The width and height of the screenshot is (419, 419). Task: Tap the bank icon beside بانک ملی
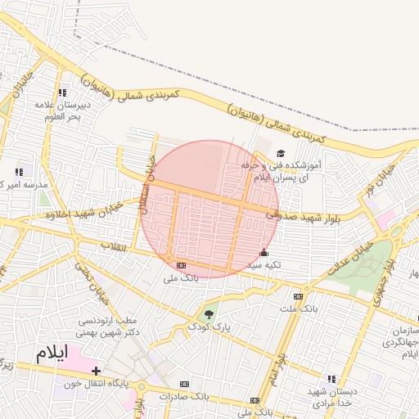181,265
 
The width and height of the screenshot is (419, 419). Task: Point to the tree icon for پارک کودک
209,313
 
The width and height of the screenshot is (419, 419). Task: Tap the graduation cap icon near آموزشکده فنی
281,154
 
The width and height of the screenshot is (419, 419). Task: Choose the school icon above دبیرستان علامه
63,92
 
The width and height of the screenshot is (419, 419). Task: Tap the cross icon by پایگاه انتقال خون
97,371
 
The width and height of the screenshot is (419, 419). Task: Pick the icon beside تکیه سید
263,253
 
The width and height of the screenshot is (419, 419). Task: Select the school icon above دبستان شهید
331,379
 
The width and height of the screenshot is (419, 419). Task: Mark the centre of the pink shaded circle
210,209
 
